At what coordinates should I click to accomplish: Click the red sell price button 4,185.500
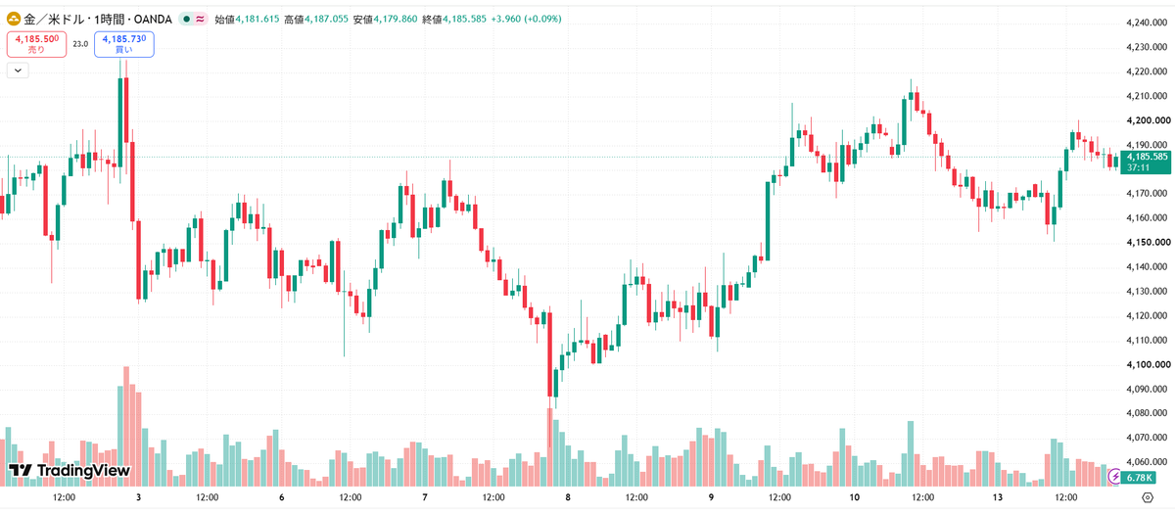(37, 44)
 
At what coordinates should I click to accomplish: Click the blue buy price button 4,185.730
(124, 44)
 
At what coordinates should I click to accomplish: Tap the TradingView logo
(70, 471)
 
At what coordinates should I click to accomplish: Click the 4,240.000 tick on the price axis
(1147, 23)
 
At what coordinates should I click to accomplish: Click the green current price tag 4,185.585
(1146, 163)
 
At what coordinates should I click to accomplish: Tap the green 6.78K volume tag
(1138, 478)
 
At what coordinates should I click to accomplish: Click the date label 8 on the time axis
(568, 497)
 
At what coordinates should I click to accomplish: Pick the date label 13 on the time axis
(997, 497)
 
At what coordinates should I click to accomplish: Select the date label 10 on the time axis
(854, 497)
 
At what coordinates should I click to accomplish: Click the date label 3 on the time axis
(138, 497)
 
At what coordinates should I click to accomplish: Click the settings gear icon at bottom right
(1148, 497)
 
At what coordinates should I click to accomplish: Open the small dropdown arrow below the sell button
(18, 70)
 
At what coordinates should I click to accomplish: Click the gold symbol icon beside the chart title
(14, 20)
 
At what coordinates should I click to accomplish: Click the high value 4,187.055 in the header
(326, 20)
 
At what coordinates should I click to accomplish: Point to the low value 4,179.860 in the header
(396, 20)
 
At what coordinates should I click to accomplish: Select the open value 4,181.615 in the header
(257, 20)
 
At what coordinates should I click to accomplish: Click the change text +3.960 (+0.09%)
(526, 20)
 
